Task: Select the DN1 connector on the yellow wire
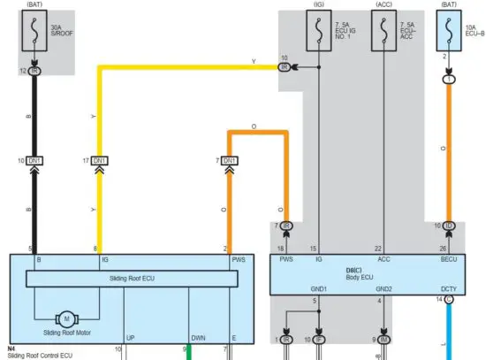tap(101, 160)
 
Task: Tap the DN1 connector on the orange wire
tap(230, 160)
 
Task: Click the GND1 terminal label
tap(318, 288)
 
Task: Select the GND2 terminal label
tap(383, 288)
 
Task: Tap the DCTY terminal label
tap(449, 288)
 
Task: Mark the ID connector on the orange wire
tap(449, 227)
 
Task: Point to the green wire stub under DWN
tap(187, 355)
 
